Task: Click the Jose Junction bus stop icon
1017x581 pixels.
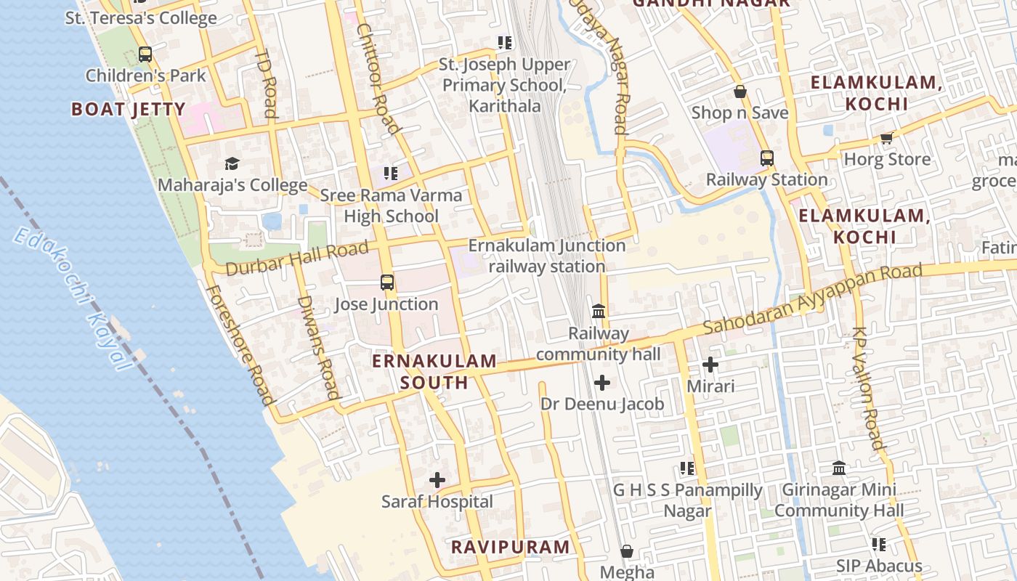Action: coord(387,283)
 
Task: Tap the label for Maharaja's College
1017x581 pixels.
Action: coord(232,185)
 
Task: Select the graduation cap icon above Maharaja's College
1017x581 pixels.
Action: coord(232,163)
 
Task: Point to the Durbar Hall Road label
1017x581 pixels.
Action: coord(296,259)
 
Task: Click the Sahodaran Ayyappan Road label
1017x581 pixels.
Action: coord(812,298)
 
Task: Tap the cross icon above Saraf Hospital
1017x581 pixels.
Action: coord(437,480)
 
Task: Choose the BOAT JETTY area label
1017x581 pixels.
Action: coord(128,110)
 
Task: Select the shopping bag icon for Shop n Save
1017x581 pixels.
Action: coord(740,92)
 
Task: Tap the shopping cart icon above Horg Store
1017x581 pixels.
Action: coord(886,138)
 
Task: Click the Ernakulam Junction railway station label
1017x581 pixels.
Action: coord(547,256)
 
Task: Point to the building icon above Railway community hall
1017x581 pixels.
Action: coord(599,312)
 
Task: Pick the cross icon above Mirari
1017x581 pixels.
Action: coord(710,365)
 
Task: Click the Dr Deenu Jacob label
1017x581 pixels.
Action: coord(602,404)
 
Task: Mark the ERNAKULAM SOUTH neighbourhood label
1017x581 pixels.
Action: coord(434,371)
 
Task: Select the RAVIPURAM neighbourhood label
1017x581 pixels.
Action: coord(511,547)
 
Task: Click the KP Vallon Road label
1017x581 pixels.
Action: coord(868,388)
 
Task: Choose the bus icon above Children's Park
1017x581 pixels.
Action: coord(145,54)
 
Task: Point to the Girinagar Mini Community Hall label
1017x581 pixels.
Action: coord(839,500)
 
